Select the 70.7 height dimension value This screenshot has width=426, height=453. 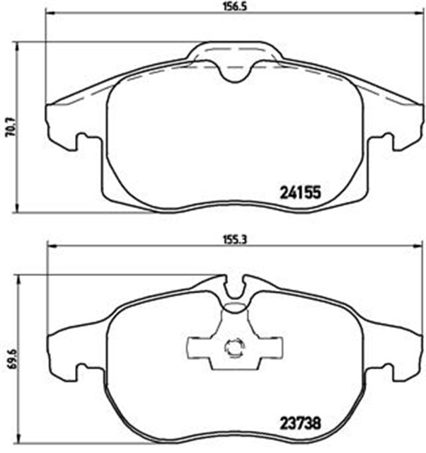[x=8, y=127]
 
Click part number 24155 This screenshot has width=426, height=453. [x=301, y=192]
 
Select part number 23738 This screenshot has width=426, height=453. [x=301, y=425]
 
